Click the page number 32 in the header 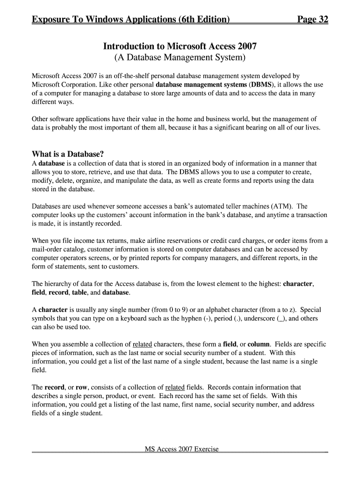(x=322, y=20)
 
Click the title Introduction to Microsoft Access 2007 (x=180, y=47)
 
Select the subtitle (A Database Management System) (x=180, y=58)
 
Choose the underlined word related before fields (x=175, y=387)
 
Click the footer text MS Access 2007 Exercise (x=181, y=449)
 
